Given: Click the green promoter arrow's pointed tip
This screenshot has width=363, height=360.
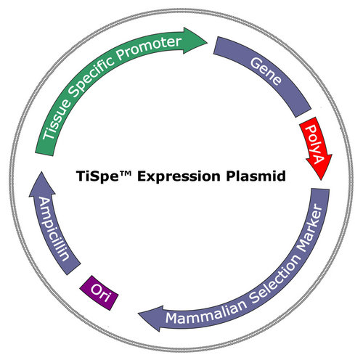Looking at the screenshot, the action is pos(207,43).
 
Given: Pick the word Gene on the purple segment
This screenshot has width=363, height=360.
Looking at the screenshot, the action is pos(266,71).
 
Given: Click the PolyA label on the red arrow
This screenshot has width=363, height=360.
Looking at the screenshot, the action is pos(314,144).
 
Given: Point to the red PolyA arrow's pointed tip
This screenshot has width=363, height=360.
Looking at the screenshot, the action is pos(321,180).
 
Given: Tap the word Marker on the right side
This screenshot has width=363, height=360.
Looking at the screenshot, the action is pos(311,227).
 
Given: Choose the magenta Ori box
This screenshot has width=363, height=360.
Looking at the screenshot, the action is pos(99,292).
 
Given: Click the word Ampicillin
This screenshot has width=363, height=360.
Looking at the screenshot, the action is pos(54,229).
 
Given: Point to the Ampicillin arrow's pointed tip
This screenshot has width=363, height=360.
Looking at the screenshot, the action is pos(41,172).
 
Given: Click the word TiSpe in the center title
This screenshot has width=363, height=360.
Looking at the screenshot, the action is pos(97,176).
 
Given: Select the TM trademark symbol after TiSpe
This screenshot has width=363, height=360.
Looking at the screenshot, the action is pos(126,173).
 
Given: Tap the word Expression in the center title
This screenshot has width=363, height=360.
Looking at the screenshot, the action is pos(179,176).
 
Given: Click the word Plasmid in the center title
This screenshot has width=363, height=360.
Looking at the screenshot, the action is pos(256,176).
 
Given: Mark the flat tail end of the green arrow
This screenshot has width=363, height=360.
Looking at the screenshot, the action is pos(44,155).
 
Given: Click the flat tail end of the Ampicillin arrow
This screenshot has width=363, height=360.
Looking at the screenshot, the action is pos(74,269).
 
